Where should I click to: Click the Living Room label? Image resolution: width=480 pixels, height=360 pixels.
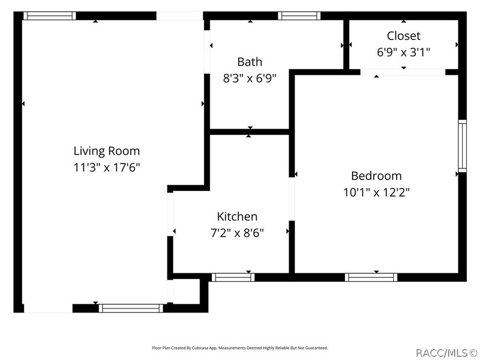click(106, 151)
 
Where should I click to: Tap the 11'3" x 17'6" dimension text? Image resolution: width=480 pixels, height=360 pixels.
click(106, 167)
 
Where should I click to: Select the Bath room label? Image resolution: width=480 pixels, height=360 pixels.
click(250, 62)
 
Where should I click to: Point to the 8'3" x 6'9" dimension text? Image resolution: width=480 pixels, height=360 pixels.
click(250, 78)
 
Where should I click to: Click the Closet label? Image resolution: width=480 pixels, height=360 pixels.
click(403, 36)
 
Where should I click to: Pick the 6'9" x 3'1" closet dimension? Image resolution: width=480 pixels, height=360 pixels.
click(403, 52)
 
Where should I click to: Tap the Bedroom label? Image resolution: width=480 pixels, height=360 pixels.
click(376, 176)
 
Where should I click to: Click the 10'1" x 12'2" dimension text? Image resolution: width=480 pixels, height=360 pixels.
click(376, 192)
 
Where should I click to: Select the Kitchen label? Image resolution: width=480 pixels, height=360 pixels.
click(237, 217)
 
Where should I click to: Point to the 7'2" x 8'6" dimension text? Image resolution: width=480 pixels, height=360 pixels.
click(237, 233)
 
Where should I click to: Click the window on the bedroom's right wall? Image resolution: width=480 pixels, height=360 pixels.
click(462, 146)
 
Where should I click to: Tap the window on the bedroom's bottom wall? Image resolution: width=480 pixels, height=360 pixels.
click(371, 277)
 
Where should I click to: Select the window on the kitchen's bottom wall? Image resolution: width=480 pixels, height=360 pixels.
click(233, 277)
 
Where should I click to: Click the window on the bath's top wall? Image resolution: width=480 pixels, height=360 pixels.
click(299, 15)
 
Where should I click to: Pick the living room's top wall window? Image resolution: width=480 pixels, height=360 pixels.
click(50, 15)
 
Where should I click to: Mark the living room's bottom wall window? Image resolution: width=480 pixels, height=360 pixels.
click(131, 308)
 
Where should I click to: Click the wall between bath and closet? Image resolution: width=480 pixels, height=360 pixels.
click(346, 45)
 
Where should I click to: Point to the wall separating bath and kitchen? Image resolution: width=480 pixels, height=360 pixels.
click(250, 132)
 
